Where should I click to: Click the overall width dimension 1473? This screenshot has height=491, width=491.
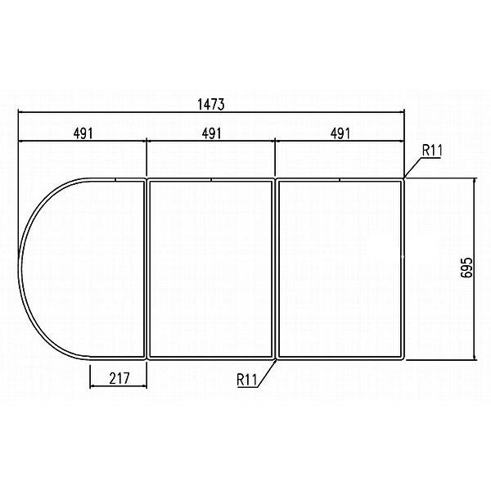211,105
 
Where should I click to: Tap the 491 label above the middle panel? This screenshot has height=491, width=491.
211,133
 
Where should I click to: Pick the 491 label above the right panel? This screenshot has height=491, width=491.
340,133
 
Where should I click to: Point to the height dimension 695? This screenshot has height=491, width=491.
466,268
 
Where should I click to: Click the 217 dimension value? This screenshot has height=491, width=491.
118,378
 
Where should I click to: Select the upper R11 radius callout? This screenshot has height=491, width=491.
432,150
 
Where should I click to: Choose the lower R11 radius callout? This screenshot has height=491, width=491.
248,380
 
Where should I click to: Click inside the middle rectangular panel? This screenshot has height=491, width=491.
211,268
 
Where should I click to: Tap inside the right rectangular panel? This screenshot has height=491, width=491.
340,268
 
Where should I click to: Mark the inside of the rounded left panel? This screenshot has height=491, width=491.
86,268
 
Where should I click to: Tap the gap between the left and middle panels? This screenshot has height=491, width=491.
146,268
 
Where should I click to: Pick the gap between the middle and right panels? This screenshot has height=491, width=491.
276,268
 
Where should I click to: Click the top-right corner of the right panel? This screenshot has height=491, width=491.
404,178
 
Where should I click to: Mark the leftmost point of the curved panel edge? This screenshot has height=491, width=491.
21,268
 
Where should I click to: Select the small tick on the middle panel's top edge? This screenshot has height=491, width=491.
211,179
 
